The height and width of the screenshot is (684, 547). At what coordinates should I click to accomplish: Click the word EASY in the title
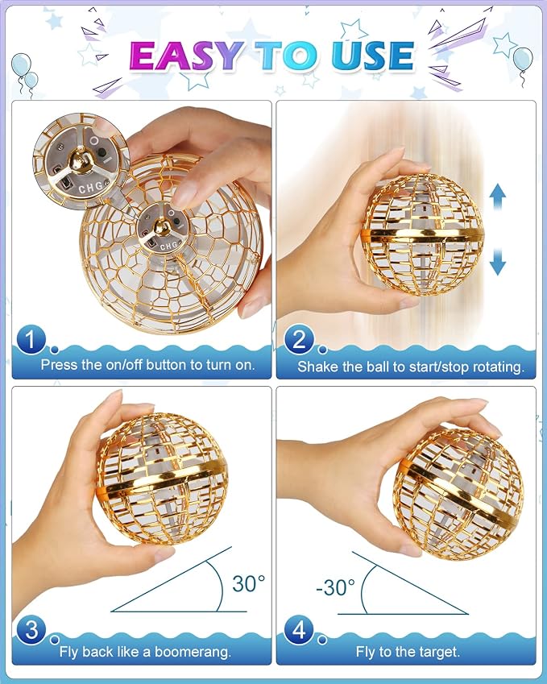click(x=186, y=56)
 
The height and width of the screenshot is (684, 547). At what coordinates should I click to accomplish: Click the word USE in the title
click(x=372, y=56)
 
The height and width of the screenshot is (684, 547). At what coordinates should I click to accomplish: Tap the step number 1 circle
click(x=30, y=339)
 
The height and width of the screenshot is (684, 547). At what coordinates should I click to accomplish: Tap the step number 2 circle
click(x=299, y=339)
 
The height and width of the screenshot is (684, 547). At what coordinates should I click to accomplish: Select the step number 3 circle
click(x=31, y=629)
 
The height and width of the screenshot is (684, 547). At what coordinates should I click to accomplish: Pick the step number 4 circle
click(x=299, y=629)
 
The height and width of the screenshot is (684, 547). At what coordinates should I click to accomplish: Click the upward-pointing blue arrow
click(x=498, y=199)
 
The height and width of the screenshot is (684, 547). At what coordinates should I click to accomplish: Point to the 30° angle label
click(x=248, y=583)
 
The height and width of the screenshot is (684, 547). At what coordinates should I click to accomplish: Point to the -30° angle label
click(x=335, y=587)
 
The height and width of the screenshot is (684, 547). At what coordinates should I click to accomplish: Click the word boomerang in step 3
click(x=193, y=652)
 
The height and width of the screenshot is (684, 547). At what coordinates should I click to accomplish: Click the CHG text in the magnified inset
click(x=91, y=187)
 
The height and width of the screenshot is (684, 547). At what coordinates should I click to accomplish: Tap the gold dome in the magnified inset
click(x=81, y=156)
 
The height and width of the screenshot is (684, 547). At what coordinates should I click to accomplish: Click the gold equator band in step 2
click(x=422, y=235)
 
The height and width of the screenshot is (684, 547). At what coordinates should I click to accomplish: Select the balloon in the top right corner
click(x=523, y=60)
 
